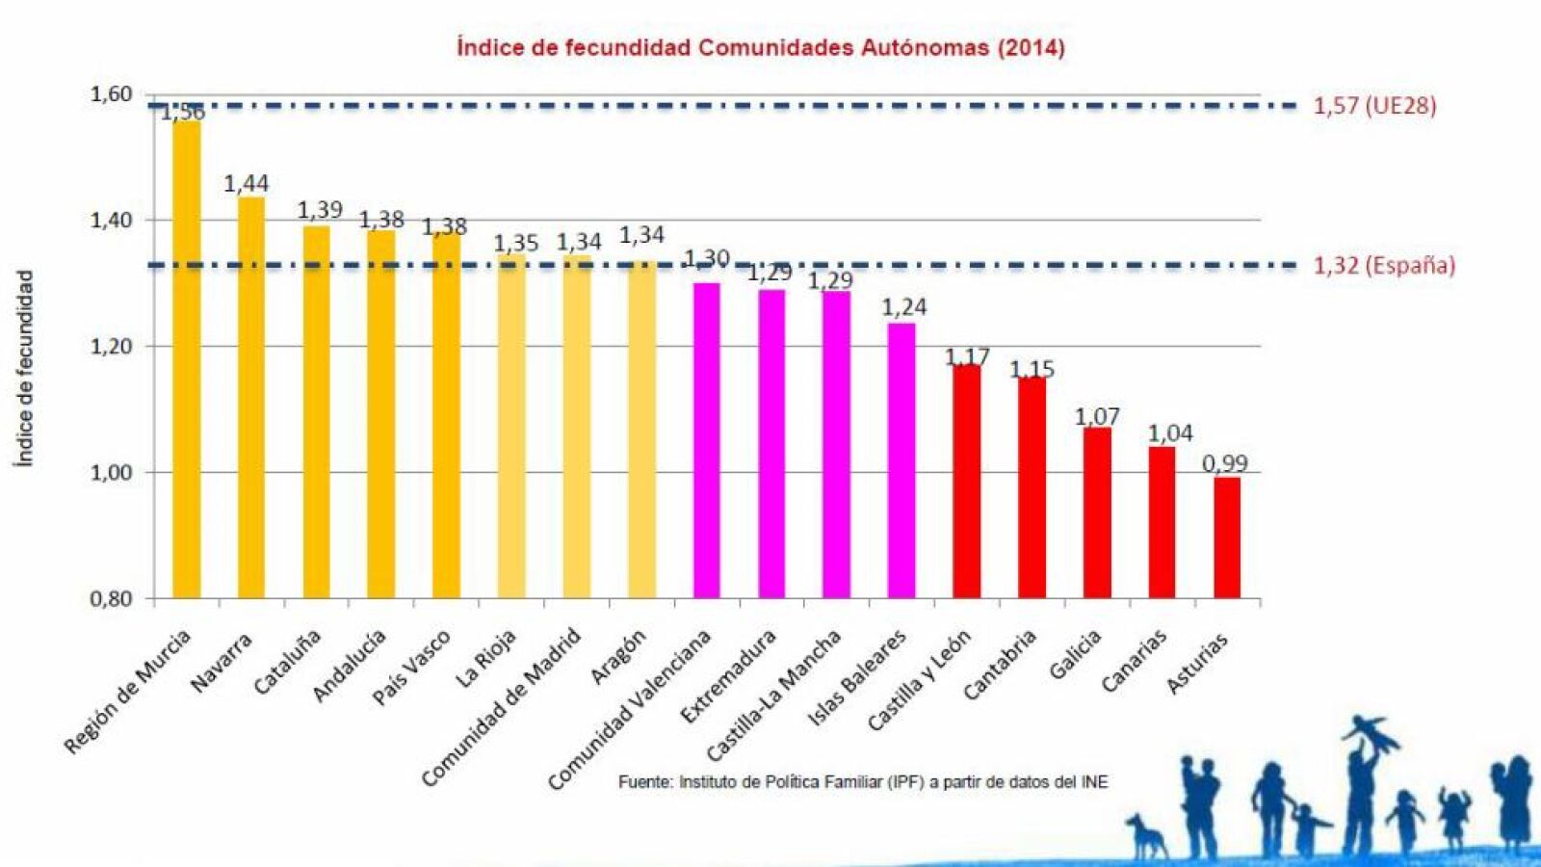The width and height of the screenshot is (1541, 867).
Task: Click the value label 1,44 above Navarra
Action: click(247, 183)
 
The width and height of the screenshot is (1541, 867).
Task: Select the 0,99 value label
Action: click(1225, 463)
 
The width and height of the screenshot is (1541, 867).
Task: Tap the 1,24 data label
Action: click(903, 307)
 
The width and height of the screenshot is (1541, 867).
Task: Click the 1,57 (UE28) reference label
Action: click(1374, 106)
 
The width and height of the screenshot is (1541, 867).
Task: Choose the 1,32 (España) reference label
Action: click(1384, 266)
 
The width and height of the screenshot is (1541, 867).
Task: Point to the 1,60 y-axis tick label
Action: click(111, 94)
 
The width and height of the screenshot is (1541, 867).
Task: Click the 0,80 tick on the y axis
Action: click(111, 599)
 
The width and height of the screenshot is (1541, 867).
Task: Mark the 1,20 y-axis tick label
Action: click(111, 347)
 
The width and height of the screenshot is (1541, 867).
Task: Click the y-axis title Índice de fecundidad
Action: click(25, 368)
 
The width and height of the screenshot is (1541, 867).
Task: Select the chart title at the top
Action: click(761, 47)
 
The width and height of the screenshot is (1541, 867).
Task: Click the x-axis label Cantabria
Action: click(1000, 665)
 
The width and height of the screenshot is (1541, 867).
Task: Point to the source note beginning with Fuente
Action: click(863, 782)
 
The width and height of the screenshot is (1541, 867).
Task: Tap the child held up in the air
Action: click(1371, 731)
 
